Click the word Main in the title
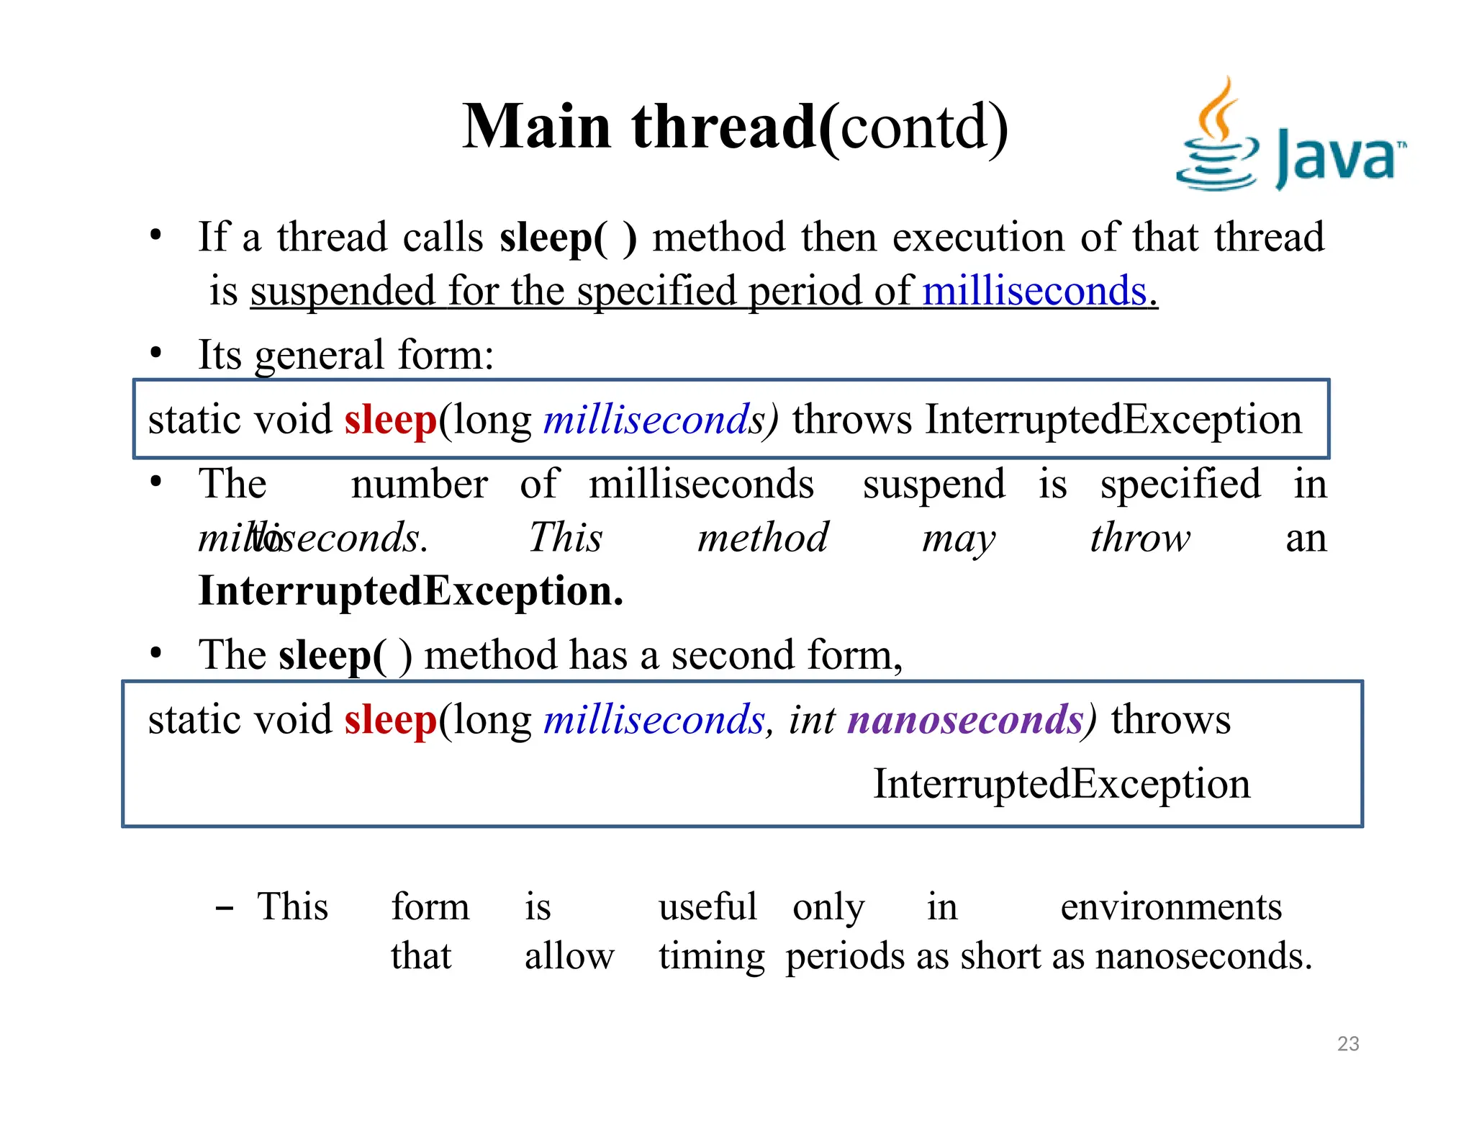coord(536,127)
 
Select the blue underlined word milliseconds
coord(1034,292)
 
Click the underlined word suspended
coord(343,292)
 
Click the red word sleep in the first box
coord(390,420)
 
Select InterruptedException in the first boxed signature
coord(1113,419)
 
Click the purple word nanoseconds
coord(965,720)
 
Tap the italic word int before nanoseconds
coord(811,720)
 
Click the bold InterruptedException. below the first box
coord(410,592)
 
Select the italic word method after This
coord(763,539)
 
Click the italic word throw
coord(1139,539)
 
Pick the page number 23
coord(1347,1044)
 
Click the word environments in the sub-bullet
coord(1171,907)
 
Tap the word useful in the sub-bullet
coord(707,907)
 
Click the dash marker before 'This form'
coord(224,909)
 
